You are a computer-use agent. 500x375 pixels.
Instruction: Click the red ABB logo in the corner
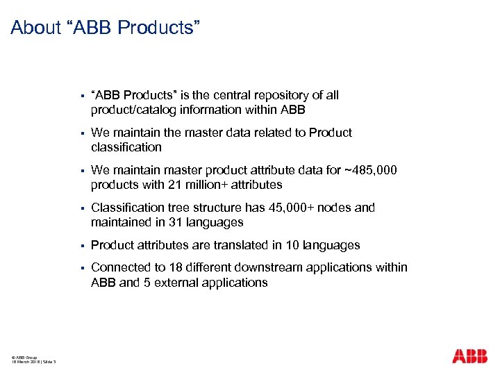pyautogui.click(x=470, y=356)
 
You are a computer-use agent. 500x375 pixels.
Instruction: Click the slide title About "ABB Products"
pyautogui.click(x=106, y=28)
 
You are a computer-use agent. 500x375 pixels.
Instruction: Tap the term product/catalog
pyautogui.click(x=133, y=110)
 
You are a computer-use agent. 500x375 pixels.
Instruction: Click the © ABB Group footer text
pyautogui.click(x=24, y=356)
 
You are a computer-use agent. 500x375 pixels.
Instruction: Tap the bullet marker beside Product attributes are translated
pyautogui.click(x=82, y=245)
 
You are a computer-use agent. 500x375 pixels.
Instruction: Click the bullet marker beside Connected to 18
pyautogui.click(x=82, y=267)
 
